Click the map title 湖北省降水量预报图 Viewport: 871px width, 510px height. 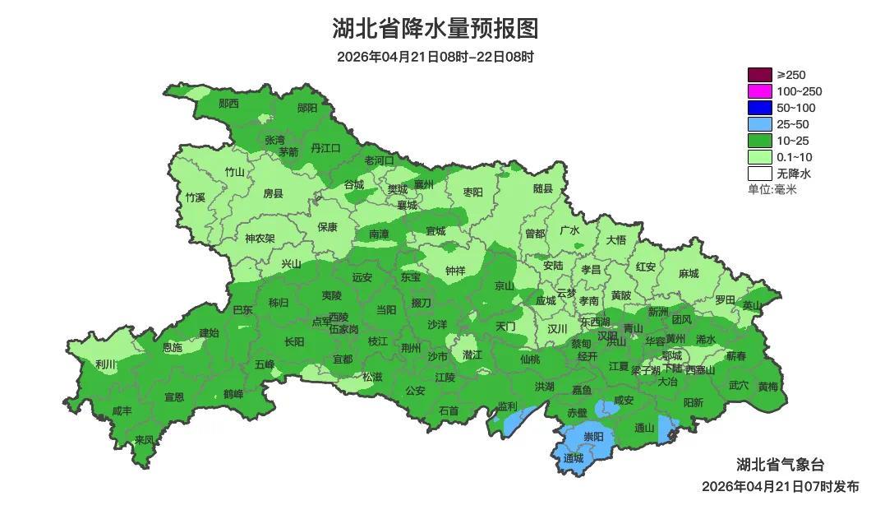[x=435, y=29]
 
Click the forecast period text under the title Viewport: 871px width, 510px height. [x=435, y=57]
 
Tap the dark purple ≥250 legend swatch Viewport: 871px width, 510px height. [x=759, y=75]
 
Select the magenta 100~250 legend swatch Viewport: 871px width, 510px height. [x=759, y=91]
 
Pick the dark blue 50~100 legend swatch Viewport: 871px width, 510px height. [x=759, y=108]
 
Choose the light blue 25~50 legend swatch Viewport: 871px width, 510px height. [x=759, y=124]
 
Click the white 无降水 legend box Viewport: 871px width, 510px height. [x=759, y=174]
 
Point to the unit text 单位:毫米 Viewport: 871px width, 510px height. [x=772, y=189]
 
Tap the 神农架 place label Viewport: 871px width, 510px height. [x=260, y=239]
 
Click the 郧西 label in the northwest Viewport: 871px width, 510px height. [x=228, y=104]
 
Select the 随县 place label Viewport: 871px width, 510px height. [x=543, y=189]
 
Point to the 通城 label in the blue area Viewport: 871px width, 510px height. [x=573, y=459]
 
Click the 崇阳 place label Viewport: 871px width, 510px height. [x=593, y=436]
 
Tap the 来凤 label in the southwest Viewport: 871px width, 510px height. [x=145, y=440]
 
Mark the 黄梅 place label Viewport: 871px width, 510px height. [x=768, y=386]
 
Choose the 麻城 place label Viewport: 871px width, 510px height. [x=689, y=274]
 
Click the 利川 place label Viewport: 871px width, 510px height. [x=104, y=364]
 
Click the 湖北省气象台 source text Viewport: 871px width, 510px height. [x=779, y=464]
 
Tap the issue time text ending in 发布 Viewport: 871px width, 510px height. [x=780, y=487]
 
